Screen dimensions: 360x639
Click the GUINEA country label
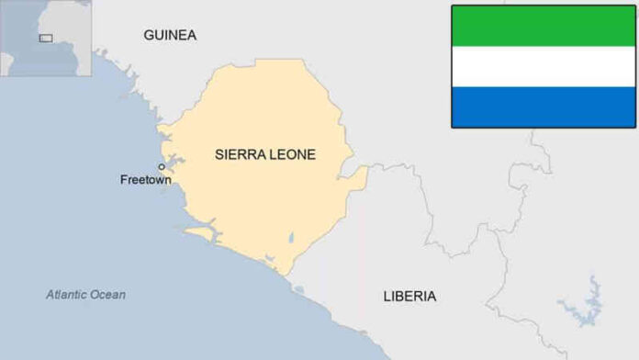coord(169,35)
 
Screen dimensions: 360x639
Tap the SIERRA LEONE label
coord(264,154)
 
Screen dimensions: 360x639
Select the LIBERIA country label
coord(409,296)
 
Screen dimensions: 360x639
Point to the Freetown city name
coord(145,180)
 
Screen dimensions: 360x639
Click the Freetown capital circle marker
coord(162,167)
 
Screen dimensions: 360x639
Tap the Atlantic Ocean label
coord(86,295)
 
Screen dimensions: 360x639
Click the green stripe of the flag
coord(544,26)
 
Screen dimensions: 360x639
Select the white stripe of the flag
coord(544,66)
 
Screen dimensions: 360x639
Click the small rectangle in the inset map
coord(46,38)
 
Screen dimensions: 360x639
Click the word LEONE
coord(294,154)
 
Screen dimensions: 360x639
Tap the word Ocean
coord(109,295)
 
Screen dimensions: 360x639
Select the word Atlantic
coord(67,295)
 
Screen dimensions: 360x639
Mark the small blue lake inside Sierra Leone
coord(291,239)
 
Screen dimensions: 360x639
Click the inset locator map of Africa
coord(46,38)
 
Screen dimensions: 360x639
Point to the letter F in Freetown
coord(124,180)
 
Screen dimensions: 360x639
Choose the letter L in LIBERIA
coord(387,296)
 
